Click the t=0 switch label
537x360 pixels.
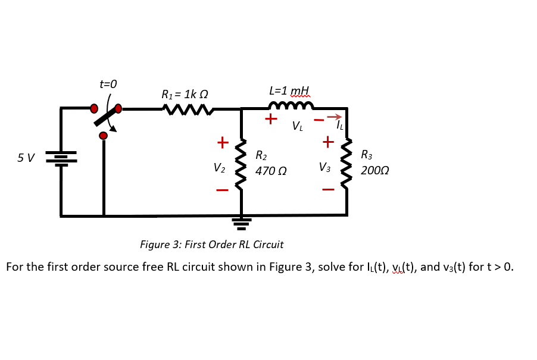coord(108,84)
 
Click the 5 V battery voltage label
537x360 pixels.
coord(26,158)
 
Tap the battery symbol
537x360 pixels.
coord(61,159)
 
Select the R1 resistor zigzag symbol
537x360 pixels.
coord(188,109)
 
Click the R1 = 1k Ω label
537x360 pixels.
coord(185,95)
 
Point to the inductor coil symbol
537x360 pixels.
coord(291,107)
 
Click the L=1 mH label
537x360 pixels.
coord(289,91)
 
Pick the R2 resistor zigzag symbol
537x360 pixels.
coord(241,165)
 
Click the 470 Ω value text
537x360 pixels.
coord(271,171)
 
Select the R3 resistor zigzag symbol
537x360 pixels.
coord(346,164)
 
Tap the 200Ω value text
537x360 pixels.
coord(374,171)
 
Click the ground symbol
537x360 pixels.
coord(241,223)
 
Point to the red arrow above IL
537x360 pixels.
coord(334,117)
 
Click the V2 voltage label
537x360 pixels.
coord(219,168)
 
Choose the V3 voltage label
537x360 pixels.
coord(324,167)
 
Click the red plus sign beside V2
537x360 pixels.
coord(222,143)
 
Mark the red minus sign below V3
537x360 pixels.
coord(328,190)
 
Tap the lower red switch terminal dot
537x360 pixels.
coord(104,136)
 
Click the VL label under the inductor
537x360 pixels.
coord(297,126)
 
